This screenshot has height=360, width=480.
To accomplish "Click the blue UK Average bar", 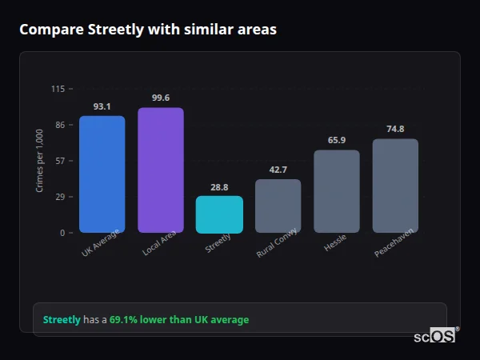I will [x=102, y=174].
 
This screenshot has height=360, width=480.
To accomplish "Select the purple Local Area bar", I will [x=160, y=170].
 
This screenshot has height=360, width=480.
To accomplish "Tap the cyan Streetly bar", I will [x=219, y=214].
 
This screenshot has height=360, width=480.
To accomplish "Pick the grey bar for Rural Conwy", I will [x=278, y=206].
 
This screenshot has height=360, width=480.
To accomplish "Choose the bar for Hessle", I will [x=336, y=191].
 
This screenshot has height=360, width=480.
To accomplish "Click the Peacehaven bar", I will [x=395, y=186].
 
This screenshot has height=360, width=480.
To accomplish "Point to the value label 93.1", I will [x=102, y=106].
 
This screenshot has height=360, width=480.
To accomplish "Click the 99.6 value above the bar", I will [x=160, y=98].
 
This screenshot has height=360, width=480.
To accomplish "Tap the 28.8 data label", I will [x=219, y=187].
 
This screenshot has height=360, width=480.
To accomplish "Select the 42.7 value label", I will [x=278, y=170].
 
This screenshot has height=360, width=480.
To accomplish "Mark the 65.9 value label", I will [x=336, y=141].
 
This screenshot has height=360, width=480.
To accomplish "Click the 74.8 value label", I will [x=395, y=129].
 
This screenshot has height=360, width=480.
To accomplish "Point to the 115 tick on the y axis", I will [x=58, y=89].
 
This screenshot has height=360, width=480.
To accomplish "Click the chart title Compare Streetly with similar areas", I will [x=148, y=30].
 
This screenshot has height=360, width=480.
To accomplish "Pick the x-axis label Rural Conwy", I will [x=278, y=242].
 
